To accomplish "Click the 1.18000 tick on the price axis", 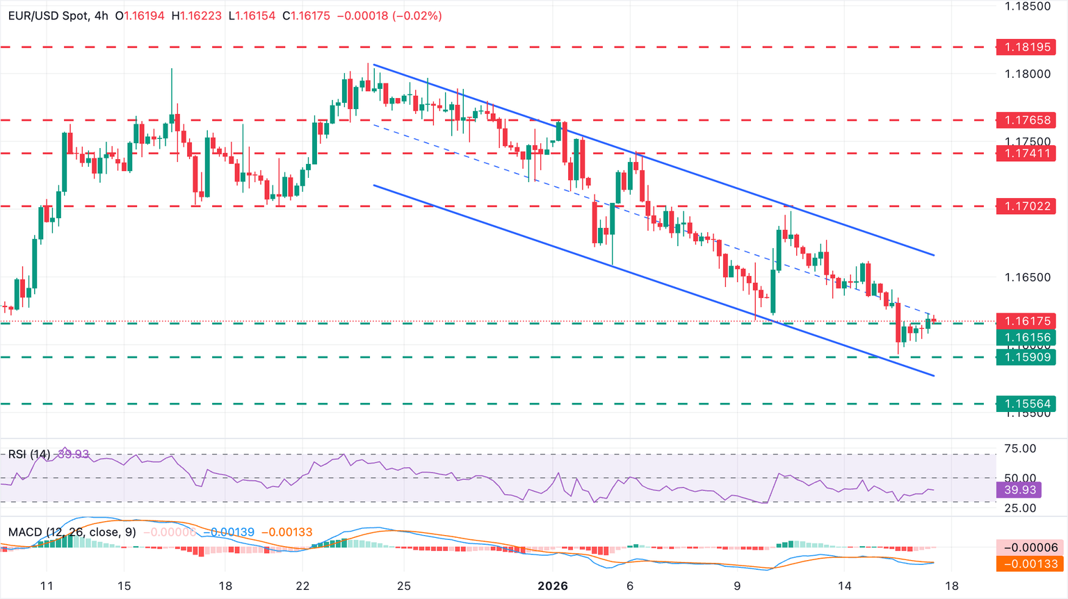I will [x=1028, y=74].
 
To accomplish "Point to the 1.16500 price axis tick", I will [x=1028, y=277].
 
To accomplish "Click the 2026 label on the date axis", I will [x=553, y=586].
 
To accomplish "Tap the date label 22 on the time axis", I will [x=302, y=586].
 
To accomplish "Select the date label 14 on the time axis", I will [x=844, y=586].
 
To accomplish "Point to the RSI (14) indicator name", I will [x=29, y=454].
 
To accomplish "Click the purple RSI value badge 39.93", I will [x=1020, y=490].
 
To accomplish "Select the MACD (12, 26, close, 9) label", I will [x=72, y=532].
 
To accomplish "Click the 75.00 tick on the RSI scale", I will [x=1021, y=449].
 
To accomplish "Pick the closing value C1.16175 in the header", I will [x=306, y=15].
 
